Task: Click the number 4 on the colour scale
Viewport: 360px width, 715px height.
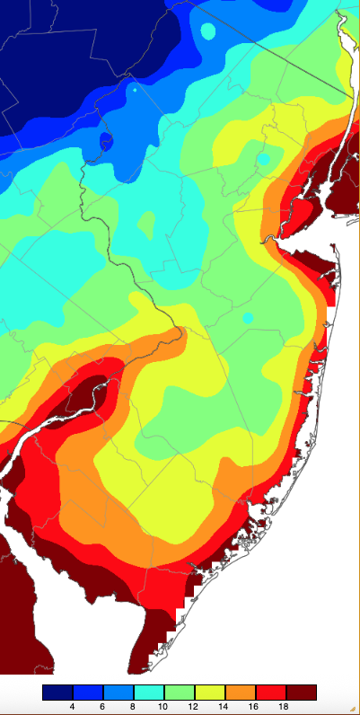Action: [x=71, y=707]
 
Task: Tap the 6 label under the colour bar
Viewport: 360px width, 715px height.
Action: [x=102, y=707]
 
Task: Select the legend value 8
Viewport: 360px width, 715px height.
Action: [x=133, y=707]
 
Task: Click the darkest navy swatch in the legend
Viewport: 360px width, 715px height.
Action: [x=57, y=692]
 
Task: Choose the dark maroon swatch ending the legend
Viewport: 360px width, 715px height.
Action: [x=302, y=692]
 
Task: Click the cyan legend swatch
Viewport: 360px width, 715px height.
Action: [x=148, y=692]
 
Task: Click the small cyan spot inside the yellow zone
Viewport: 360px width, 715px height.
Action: [x=263, y=159]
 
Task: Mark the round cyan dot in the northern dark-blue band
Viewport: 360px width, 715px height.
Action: [x=208, y=31]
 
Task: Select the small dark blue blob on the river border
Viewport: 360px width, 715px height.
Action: [x=107, y=140]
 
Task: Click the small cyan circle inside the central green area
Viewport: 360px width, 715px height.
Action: [x=248, y=318]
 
